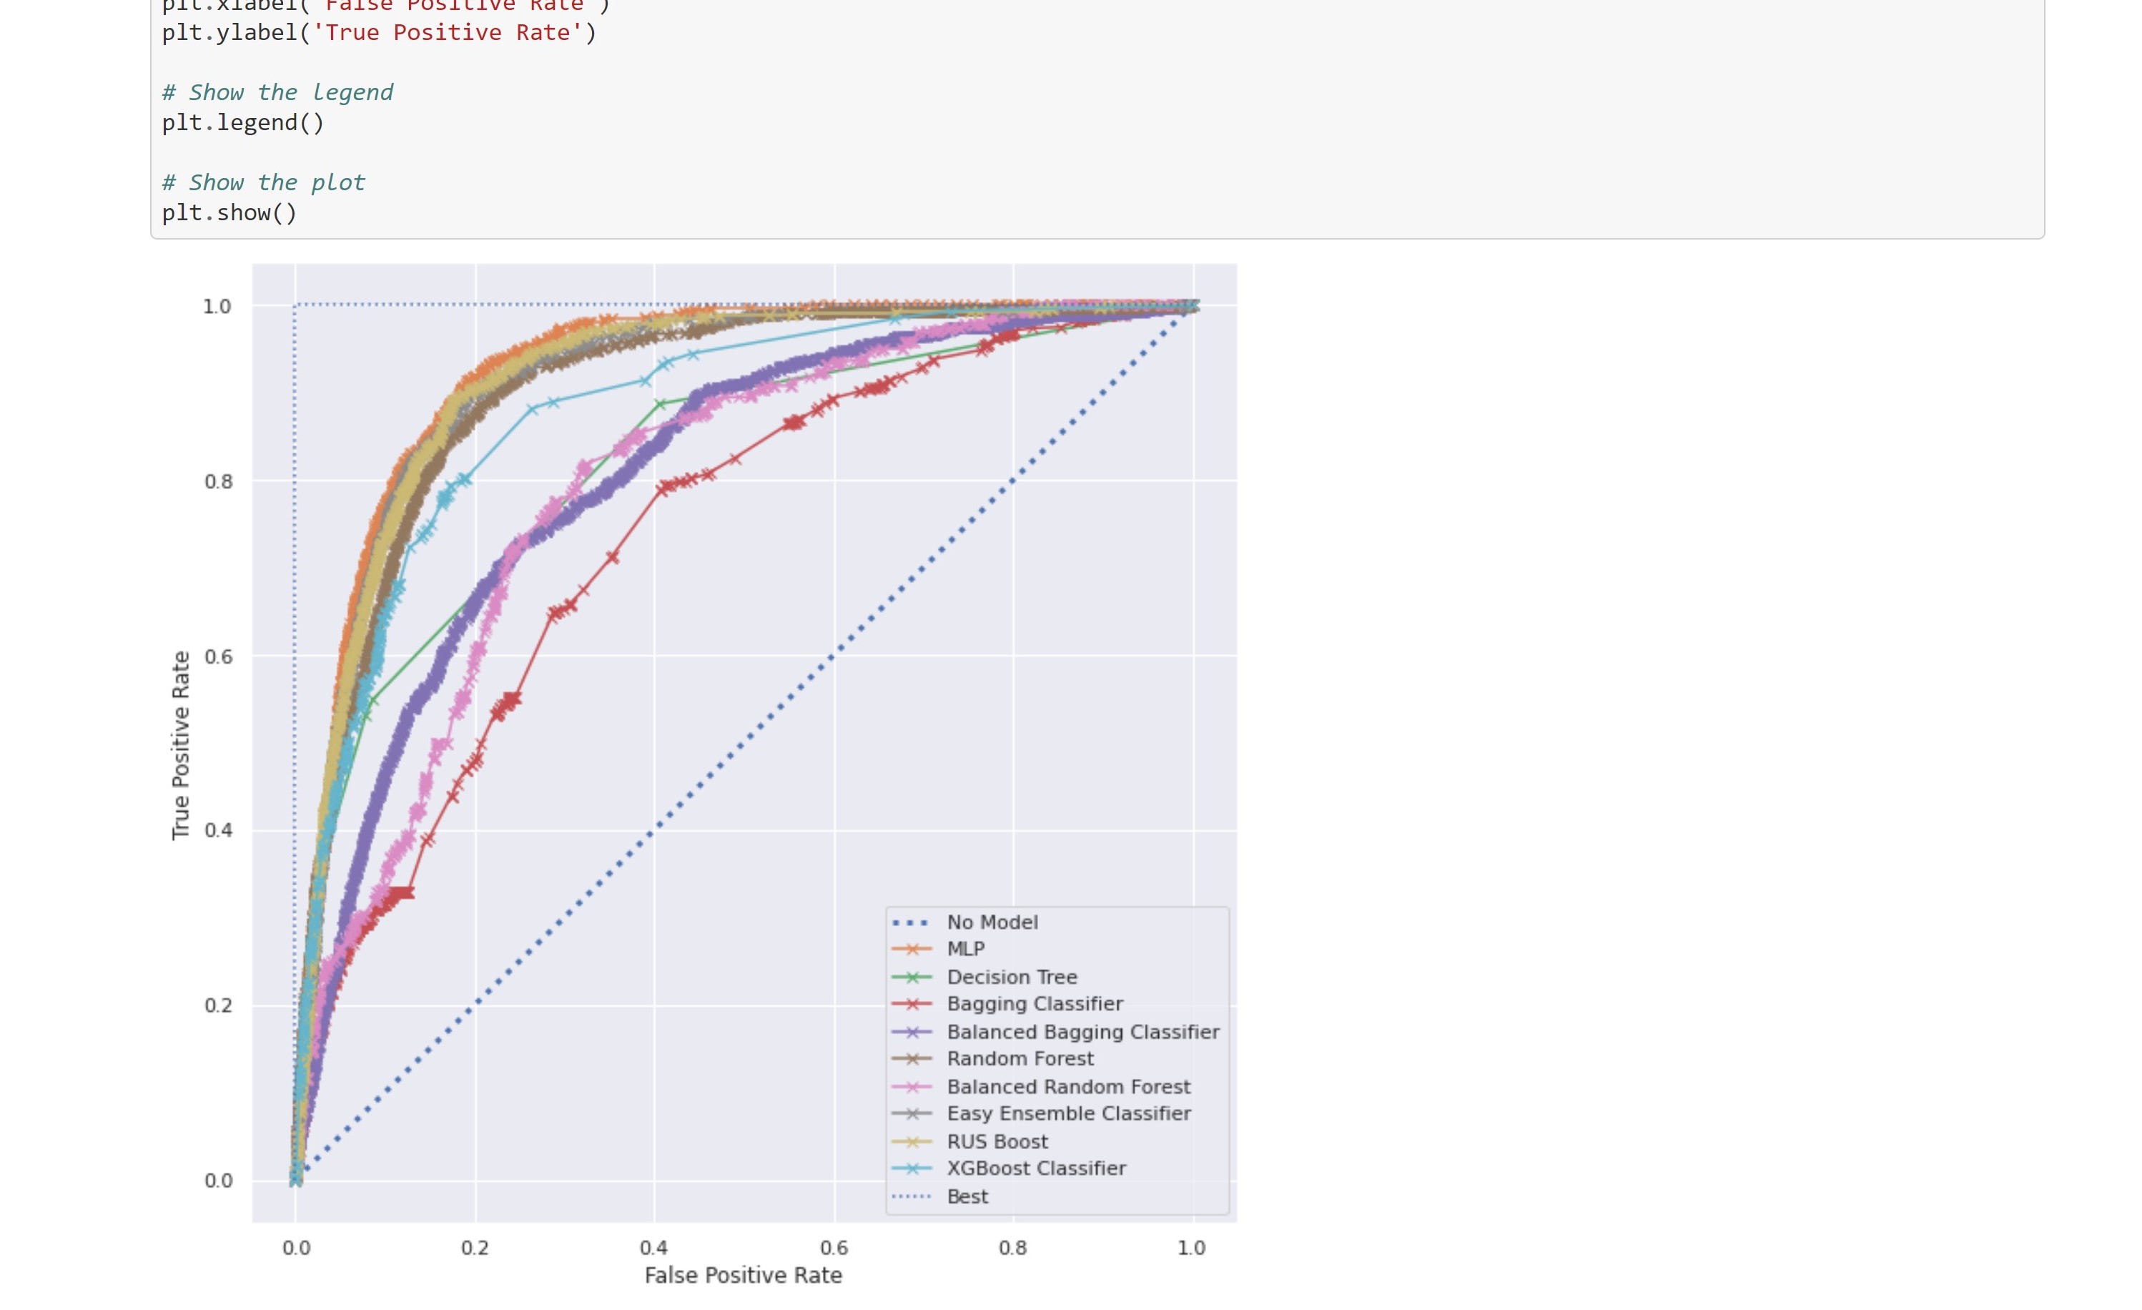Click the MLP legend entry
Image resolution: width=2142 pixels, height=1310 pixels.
(965, 950)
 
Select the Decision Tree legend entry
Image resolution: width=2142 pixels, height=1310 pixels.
(1011, 977)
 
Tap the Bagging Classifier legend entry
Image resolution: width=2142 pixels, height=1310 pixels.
(1035, 1004)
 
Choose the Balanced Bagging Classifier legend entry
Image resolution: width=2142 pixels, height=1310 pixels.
(1082, 1032)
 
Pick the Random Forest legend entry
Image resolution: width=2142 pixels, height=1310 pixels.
(1020, 1059)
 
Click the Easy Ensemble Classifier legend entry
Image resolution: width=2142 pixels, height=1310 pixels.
(1068, 1113)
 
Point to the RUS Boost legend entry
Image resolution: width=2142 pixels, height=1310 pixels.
(997, 1141)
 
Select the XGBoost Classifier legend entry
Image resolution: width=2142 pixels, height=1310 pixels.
(1036, 1168)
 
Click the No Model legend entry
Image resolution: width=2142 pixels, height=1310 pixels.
(992, 922)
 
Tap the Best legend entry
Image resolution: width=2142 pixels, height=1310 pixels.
(967, 1197)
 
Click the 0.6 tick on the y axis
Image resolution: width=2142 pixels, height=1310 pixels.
(219, 656)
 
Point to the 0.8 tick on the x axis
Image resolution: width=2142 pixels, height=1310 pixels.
(1013, 1249)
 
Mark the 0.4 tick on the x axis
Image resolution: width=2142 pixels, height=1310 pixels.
(653, 1249)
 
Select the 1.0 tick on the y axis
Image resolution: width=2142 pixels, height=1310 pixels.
(217, 306)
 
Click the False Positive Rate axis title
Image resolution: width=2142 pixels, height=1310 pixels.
(744, 1275)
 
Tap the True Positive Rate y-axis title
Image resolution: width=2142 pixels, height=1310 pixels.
(181, 745)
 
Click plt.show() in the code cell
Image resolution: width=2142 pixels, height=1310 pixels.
(229, 213)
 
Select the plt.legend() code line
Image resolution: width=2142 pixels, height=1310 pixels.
(242, 122)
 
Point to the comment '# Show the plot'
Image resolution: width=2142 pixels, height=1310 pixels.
(263, 182)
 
